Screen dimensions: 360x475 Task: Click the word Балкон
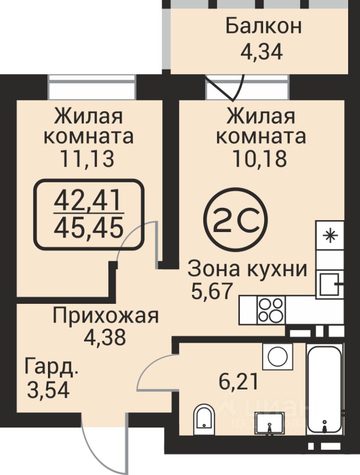264,26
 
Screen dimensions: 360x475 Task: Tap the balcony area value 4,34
262,52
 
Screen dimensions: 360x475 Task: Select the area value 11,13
88,158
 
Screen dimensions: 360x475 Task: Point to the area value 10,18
260,158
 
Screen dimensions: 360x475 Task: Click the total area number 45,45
89,229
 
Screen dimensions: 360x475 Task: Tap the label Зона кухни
248,269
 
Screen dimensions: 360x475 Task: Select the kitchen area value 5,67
212,290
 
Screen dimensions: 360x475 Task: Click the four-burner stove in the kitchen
271,310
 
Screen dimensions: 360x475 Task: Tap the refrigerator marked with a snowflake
330,235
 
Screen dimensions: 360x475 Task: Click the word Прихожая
106,316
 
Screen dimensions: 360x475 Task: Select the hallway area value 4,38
105,337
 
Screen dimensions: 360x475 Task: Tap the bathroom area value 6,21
238,381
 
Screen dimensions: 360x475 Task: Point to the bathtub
324,389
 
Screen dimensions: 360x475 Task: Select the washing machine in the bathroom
277,356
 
